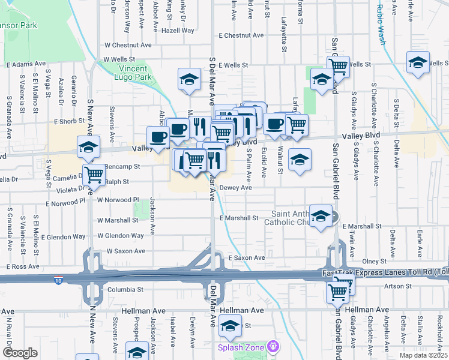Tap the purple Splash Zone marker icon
pyautogui.click(x=274, y=346)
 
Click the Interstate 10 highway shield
pyautogui.click(x=58, y=280)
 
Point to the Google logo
pyautogui.click(x=20, y=353)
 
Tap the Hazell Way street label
pyautogui.click(x=178, y=30)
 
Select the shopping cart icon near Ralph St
pyautogui.click(x=94, y=174)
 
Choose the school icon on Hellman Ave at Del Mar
pyautogui.click(x=229, y=326)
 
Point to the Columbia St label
pyautogui.click(x=125, y=289)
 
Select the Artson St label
pyautogui.click(x=397, y=286)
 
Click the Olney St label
pyautogui.click(x=374, y=262)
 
